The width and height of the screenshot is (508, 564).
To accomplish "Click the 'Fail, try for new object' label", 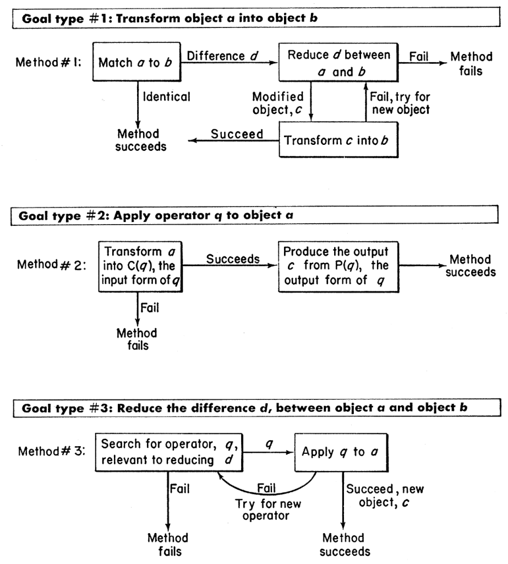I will pos(397,103).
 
